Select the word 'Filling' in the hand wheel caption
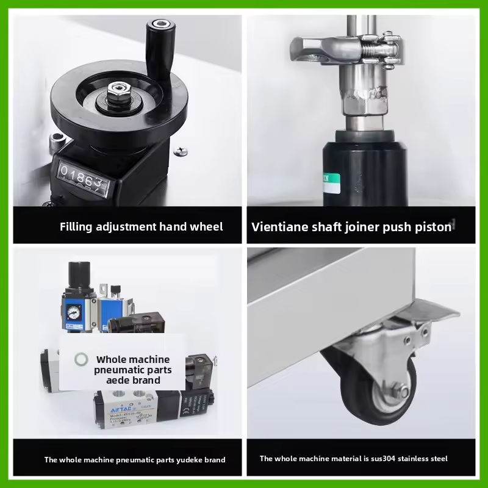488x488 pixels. [x=76, y=227]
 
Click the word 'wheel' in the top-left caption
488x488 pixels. [x=208, y=227]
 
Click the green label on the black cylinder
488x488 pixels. [x=329, y=181]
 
